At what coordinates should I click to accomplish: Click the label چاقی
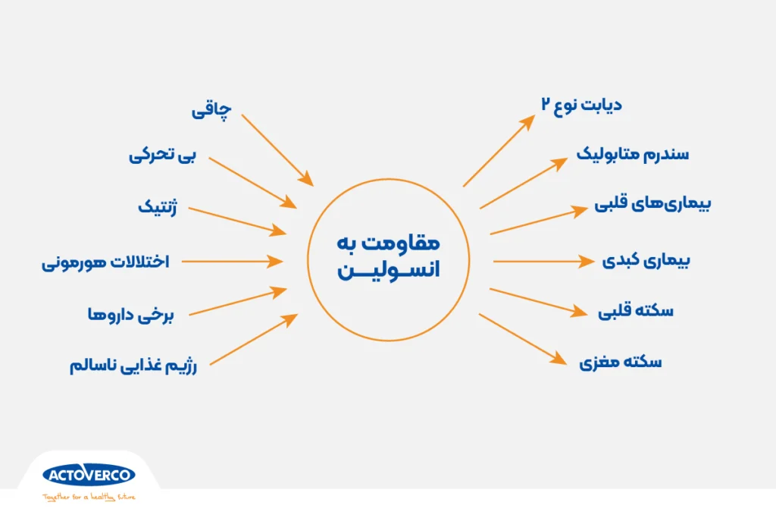point(209,111)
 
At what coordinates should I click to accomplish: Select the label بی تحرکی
point(162,155)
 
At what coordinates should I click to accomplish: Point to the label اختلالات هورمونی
point(105,262)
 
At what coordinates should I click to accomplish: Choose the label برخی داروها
point(131,314)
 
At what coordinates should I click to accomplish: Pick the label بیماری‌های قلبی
point(652,205)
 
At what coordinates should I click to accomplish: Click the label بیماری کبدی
point(646,261)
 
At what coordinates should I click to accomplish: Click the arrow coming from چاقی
point(277,149)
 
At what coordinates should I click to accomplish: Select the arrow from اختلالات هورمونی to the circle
point(232,262)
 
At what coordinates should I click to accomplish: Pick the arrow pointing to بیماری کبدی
point(543,262)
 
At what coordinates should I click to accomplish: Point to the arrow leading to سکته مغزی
point(524,340)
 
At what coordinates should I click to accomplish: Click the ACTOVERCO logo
point(89,476)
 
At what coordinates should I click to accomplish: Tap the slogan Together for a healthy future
point(89,498)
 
